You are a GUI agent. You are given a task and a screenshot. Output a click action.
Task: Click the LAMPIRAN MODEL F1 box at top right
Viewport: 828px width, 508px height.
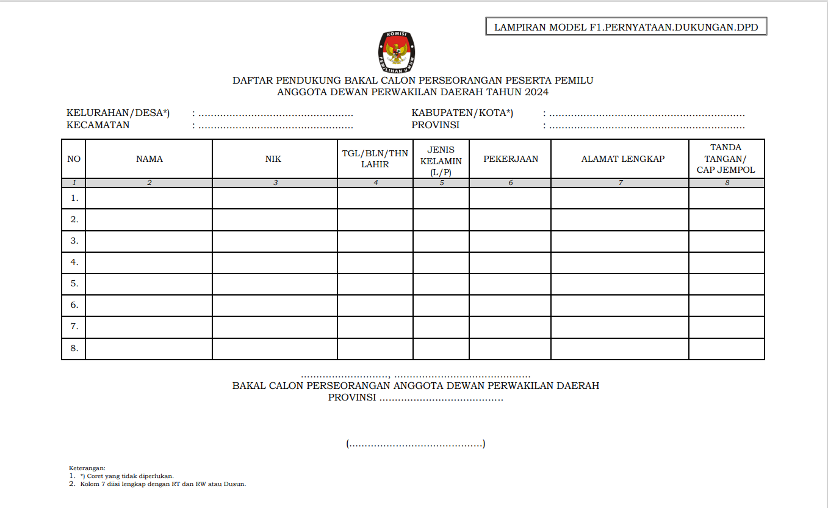point(626,27)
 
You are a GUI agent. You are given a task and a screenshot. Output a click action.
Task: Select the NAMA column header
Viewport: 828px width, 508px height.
point(149,159)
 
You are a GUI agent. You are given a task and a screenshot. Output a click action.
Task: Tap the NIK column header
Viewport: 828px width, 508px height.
point(274,159)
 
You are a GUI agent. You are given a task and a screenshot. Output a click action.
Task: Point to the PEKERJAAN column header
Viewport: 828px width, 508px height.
point(510,159)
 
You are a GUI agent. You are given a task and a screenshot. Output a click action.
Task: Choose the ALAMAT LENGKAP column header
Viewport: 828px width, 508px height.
point(620,159)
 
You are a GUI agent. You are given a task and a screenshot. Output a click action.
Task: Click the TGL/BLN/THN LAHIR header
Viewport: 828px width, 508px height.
point(375,159)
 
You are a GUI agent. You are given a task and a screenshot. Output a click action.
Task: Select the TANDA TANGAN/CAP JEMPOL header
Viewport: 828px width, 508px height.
point(726,159)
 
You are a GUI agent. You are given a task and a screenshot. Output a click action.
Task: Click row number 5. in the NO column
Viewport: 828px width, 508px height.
point(74,283)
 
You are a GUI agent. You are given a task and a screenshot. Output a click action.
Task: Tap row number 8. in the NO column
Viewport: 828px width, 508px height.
point(74,348)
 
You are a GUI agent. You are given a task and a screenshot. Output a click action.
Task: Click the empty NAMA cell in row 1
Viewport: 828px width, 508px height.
point(149,198)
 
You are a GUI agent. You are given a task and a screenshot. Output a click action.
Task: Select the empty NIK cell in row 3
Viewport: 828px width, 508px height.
point(274,241)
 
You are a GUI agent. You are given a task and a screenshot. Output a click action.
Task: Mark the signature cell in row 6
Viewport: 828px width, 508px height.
point(726,305)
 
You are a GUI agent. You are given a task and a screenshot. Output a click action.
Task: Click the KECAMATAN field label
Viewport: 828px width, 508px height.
point(98,125)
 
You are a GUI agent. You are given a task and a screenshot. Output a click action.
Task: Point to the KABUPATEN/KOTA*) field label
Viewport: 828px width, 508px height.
point(463,113)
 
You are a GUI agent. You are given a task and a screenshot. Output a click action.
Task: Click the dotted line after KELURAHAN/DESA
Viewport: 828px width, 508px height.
point(275,114)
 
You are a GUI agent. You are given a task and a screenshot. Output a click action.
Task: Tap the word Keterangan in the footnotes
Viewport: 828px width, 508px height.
point(87,468)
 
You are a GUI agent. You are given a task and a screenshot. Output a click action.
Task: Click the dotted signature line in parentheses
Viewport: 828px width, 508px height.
point(416,444)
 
